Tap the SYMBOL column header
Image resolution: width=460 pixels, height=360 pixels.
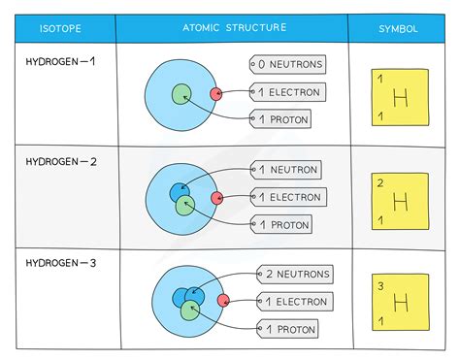[399, 29]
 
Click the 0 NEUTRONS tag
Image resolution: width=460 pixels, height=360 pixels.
[286, 66]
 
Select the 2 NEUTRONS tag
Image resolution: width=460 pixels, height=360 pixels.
[295, 275]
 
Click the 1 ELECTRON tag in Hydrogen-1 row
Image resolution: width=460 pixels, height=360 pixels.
[286, 93]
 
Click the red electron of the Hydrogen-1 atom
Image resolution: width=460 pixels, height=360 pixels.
[215, 94]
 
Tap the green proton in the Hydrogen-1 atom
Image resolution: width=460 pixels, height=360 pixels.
[181, 95]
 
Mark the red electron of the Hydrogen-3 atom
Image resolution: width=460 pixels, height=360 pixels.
[223, 300]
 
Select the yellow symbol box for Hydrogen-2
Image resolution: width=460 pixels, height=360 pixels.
[400, 201]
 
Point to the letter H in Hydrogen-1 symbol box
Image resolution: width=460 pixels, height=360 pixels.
[400, 98]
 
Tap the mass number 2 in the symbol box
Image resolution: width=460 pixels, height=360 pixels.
[380, 182]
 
